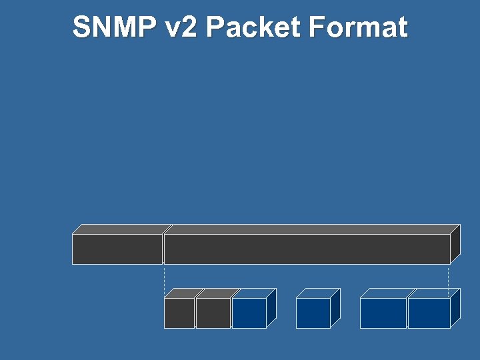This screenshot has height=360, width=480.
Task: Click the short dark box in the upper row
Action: click(x=117, y=249)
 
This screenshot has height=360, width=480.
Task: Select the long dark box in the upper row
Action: click(x=307, y=249)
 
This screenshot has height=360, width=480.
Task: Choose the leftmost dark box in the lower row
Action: click(x=179, y=313)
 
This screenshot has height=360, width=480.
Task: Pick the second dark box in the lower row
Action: click(x=213, y=313)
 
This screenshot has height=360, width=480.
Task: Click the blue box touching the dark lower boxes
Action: click(x=249, y=313)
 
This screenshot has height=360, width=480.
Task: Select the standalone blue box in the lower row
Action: click(x=313, y=313)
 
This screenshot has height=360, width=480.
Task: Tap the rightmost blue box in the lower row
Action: click(x=429, y=313)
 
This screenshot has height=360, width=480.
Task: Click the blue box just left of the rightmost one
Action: click(x=383, y=313)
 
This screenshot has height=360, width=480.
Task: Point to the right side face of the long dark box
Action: click(x=455, y=244)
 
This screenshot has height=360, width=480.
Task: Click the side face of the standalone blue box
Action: click(x=335, y=307)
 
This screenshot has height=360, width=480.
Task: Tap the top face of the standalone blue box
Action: click(x=318, y=293)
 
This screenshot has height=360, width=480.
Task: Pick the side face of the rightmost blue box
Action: click(x=455, y=307)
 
